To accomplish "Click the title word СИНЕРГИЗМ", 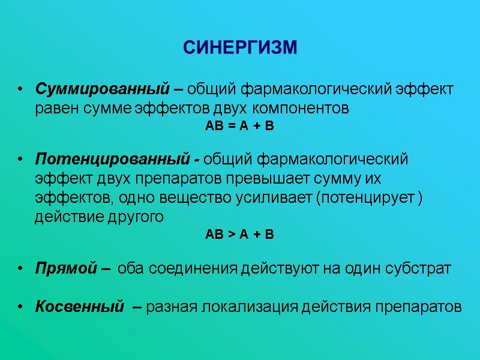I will pyautogui.click(x=239, y=47).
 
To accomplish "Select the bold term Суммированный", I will pyautogui.click(x=100, y=89).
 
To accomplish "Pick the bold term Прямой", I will pyautogui.click(x=66, y=268).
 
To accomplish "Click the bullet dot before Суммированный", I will pyautogui.click(x=20, y=90).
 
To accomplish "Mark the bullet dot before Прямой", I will pyautogui.click(x=20, y=269).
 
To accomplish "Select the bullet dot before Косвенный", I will pyautogui.click(x=20, y=308).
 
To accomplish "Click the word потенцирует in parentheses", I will pyautogui.click(x=365, y=198).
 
